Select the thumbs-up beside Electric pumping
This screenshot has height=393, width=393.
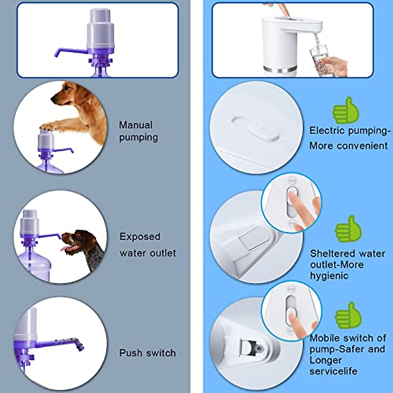tap(346, 111)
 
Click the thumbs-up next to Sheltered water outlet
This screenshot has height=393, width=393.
tap(348, 229)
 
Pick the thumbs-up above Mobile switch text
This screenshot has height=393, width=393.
tap(348, 315)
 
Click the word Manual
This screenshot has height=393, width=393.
tap(136, 125)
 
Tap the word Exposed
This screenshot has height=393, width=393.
tap(140, 237)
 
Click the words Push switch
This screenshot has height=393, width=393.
tap(147, 353)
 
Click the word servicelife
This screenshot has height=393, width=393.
tap(333, 371)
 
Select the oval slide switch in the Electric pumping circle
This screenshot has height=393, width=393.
tap(255, 129)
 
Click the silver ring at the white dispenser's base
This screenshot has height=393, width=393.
tap(282, 69)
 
